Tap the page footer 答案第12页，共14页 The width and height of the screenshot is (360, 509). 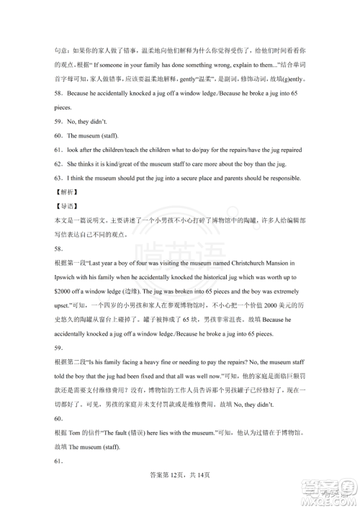pyautogui.click(x=179, y=492)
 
